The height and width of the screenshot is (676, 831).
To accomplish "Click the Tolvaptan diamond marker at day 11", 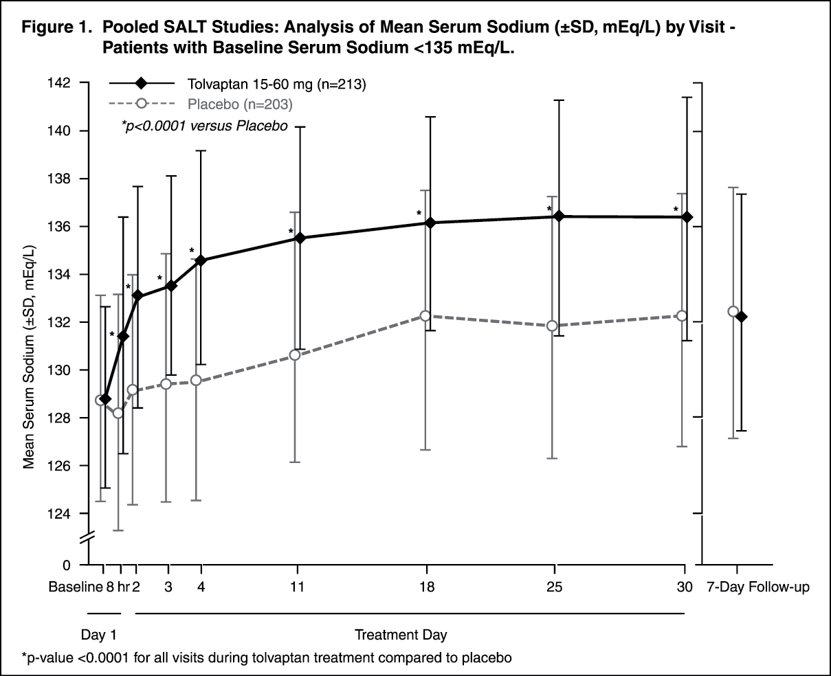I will click(x=300, y=238).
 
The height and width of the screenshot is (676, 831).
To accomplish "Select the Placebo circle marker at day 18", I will click(x=426, y=315).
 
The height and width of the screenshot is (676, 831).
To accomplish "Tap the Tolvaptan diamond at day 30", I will click(x=686, y=217).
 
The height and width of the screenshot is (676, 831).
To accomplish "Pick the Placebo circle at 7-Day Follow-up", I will click(x=733, y=311).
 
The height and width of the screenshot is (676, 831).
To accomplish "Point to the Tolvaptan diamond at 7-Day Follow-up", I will click(x=741, y=317).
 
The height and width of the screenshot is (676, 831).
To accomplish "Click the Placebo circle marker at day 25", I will click(x=552, y=326).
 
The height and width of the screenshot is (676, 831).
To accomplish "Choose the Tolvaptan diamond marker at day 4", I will click(x=201, y=260).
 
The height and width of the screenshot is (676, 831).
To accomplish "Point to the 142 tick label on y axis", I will click(x=61, y=83).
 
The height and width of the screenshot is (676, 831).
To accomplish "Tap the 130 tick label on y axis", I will click(x=61, y=370).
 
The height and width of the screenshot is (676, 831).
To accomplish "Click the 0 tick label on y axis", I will click(x=67, y=565).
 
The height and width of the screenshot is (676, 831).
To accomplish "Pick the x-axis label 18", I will click(x=427, y=587).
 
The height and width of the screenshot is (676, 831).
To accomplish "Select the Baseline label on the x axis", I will click(x=74, y=587).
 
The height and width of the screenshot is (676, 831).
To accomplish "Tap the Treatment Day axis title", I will click(x=405, y=633).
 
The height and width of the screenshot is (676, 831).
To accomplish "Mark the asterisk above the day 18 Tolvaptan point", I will click(x=419, y=214).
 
